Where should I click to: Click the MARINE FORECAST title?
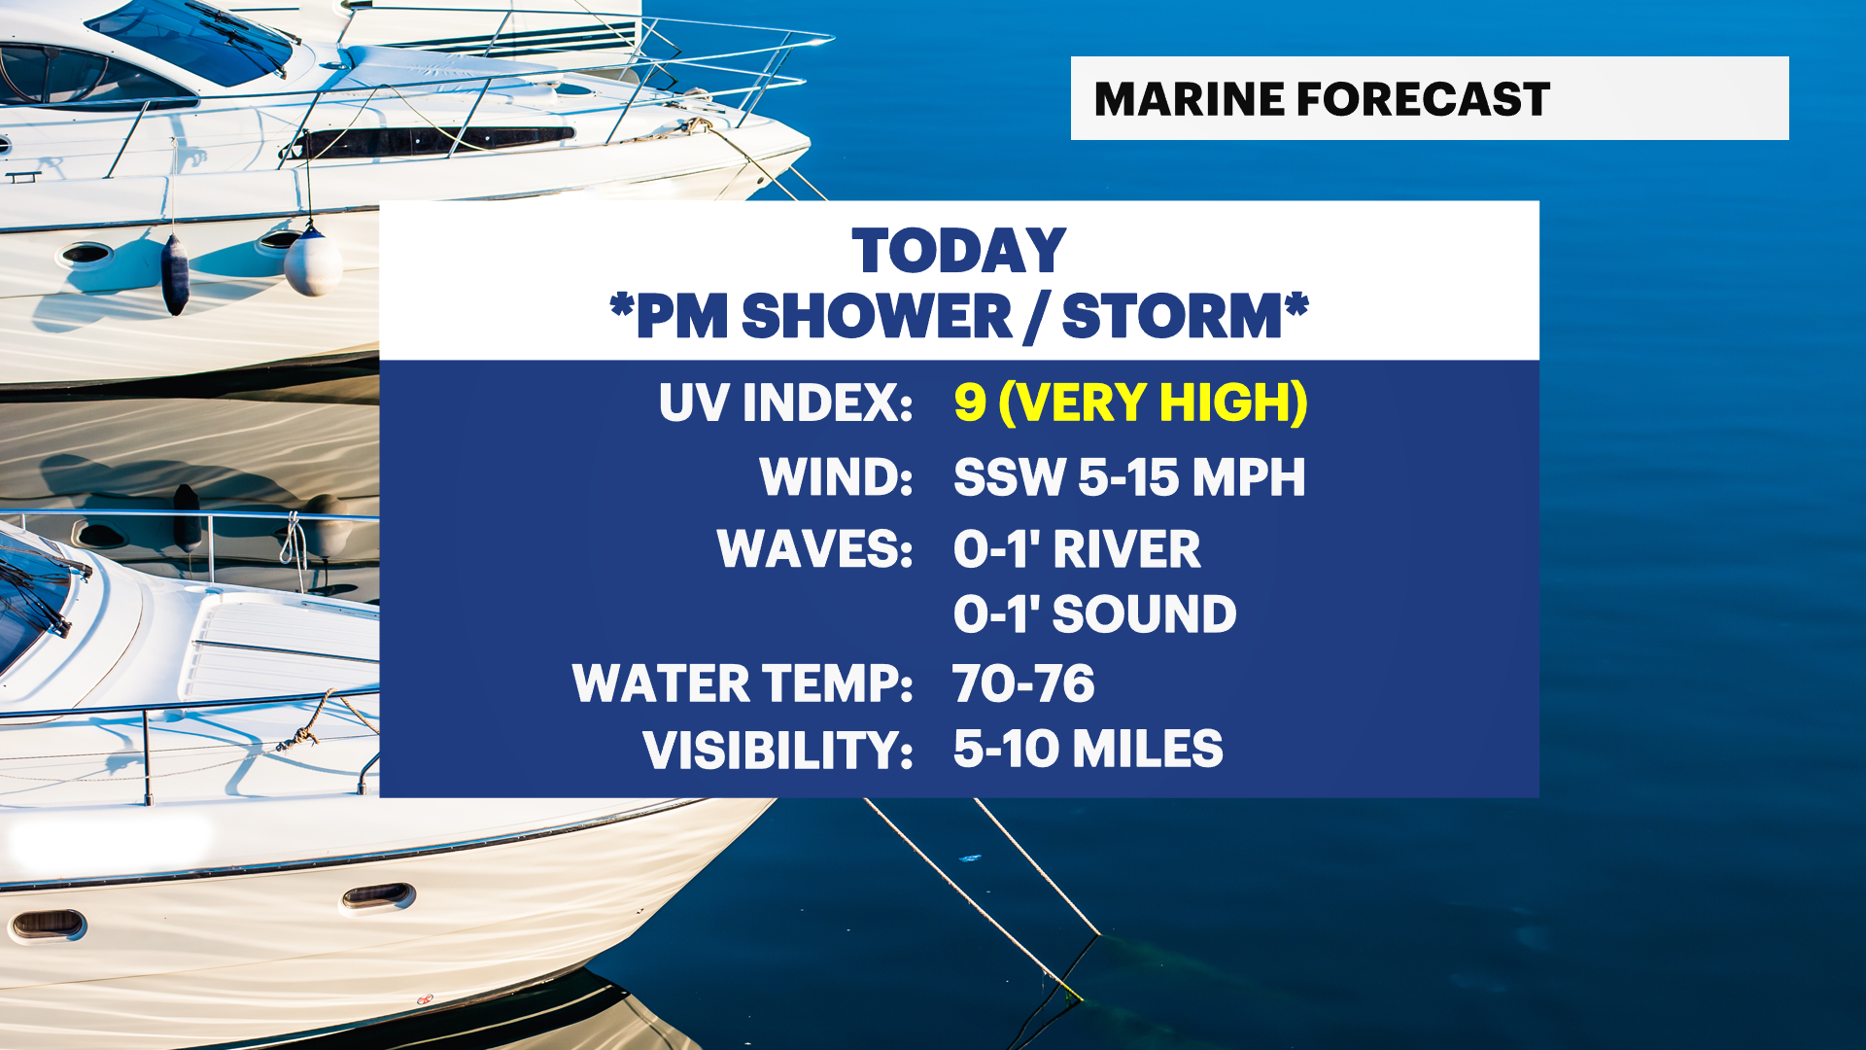1322,99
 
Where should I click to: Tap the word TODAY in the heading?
959,251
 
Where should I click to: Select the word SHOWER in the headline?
877,316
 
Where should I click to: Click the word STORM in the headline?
1172,316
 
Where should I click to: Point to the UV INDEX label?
785,402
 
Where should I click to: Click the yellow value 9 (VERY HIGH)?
1130,402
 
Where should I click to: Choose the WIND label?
836,476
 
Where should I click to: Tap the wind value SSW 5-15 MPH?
1129,476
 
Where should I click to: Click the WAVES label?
814,549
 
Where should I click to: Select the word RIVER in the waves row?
1127,549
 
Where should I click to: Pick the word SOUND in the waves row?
1145,614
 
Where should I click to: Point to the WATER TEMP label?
743,683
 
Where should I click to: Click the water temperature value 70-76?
1023,683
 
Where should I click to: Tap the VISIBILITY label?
777,750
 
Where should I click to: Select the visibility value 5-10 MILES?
1088,749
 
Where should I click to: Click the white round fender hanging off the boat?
313,261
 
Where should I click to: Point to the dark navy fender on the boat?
175,274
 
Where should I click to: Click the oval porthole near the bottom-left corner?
47,925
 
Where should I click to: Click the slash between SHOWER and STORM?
1037,317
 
